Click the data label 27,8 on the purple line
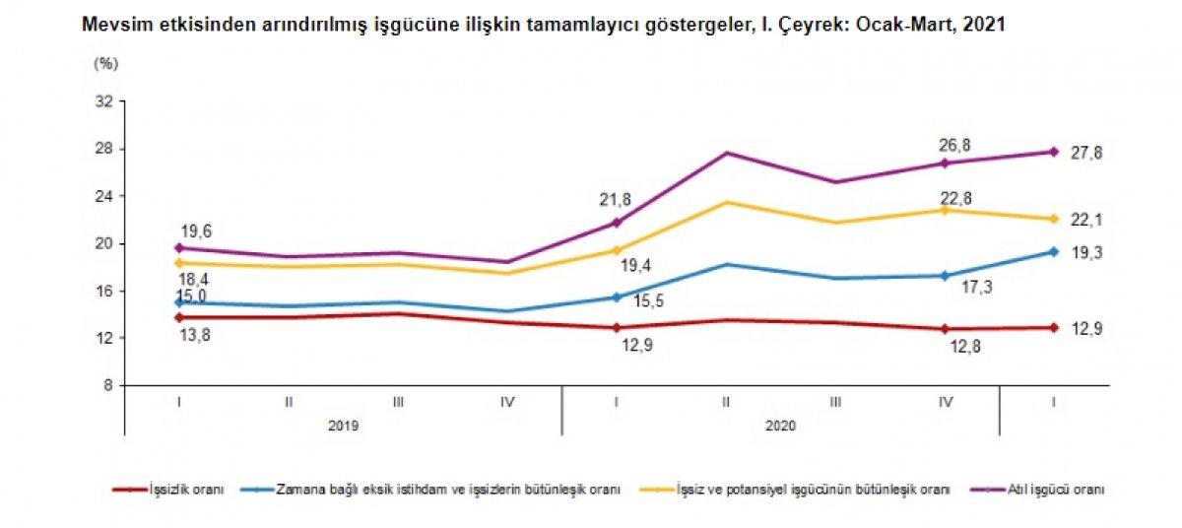pos(1086,154)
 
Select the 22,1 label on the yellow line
pos(1086,221)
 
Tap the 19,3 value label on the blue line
pos(1086,254)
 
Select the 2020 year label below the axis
pos(781,426)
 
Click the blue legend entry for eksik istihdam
pos(448,489)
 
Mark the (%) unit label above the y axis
pos(105,63)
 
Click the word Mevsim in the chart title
pos(109,27)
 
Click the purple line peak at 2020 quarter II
pos(727,153)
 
